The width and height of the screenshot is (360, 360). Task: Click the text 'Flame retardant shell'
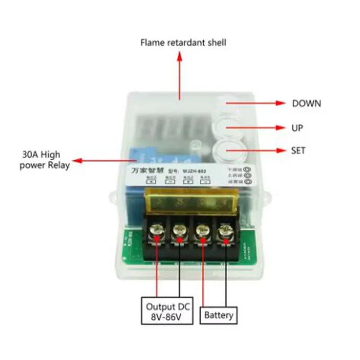click(183, 43)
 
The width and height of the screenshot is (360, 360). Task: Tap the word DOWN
click(306, 103)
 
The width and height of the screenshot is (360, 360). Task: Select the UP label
click(297, 128)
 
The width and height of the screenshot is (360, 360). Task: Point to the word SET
click(298, 150)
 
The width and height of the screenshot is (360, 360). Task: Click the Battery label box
click(219, 315)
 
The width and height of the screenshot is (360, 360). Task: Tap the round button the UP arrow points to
click(227, 126)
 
